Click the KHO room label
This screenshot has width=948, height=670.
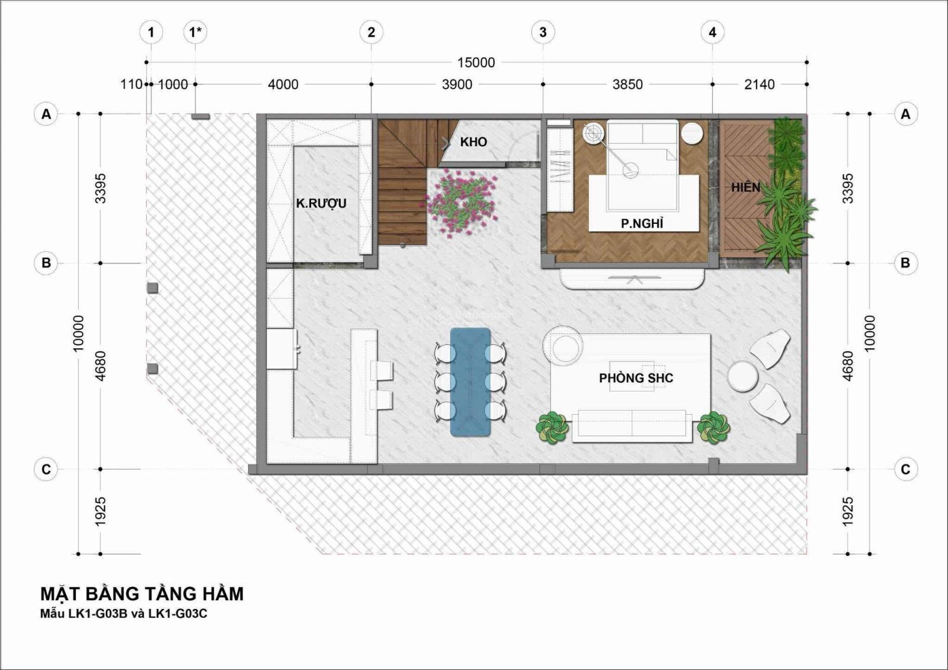[473, 142]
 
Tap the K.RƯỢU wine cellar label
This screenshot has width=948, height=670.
[321, 204]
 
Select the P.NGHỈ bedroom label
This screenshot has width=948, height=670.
[642, 223]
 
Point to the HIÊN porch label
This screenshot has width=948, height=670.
[746, 187]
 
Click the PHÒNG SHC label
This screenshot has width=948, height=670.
[636, 378]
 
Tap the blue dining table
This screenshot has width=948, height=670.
[470, 382]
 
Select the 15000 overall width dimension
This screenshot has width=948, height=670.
[476, 63]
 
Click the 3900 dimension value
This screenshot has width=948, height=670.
[457, 85]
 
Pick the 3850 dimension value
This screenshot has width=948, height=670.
[627, 85]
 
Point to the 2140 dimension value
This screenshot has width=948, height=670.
[760, 85]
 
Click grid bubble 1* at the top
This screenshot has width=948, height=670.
[195, 32]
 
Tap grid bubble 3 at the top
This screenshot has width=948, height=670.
[543, 32]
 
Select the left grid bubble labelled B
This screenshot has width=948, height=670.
[46, 263]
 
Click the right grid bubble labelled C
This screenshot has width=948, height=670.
[905, 469]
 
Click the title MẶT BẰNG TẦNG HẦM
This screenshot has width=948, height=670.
[142, 594]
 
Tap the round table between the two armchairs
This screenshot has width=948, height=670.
[743, 376]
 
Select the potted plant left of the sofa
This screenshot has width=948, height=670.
[551, 428]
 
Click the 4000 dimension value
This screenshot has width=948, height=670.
[283, 85]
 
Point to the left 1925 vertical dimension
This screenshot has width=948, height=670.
[100, 512]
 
